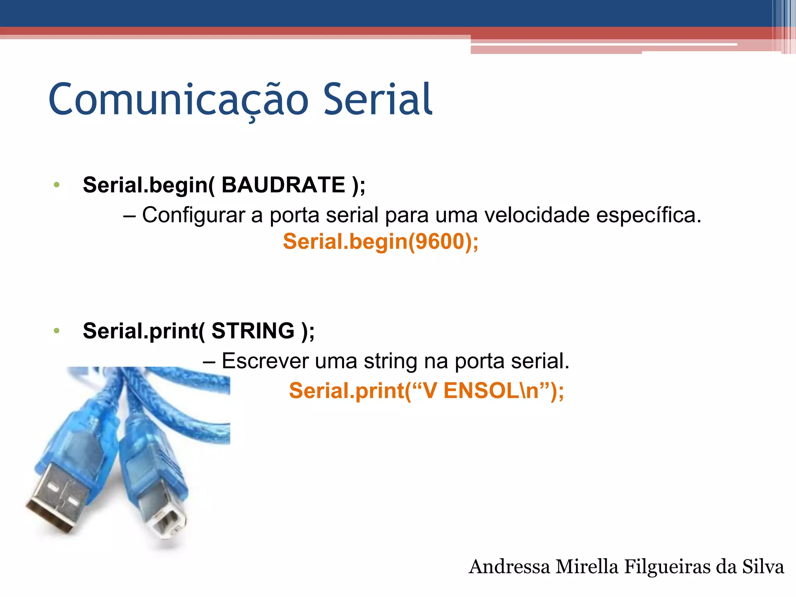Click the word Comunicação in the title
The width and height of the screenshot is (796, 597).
coord(179,100)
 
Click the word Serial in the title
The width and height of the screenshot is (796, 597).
coord(377,100)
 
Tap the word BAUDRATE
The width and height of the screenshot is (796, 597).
coord(283,185)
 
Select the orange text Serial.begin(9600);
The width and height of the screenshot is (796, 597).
coord(381,241)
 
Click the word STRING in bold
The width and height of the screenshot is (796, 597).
coord(253,331)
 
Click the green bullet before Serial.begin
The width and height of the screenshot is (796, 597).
coord(57,185)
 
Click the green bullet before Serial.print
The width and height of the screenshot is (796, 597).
coord(57,331)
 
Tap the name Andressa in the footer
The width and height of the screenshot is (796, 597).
coord(509,567)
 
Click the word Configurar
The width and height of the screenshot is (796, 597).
coord(193,215)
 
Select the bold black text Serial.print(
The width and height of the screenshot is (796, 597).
coord(144,331)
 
